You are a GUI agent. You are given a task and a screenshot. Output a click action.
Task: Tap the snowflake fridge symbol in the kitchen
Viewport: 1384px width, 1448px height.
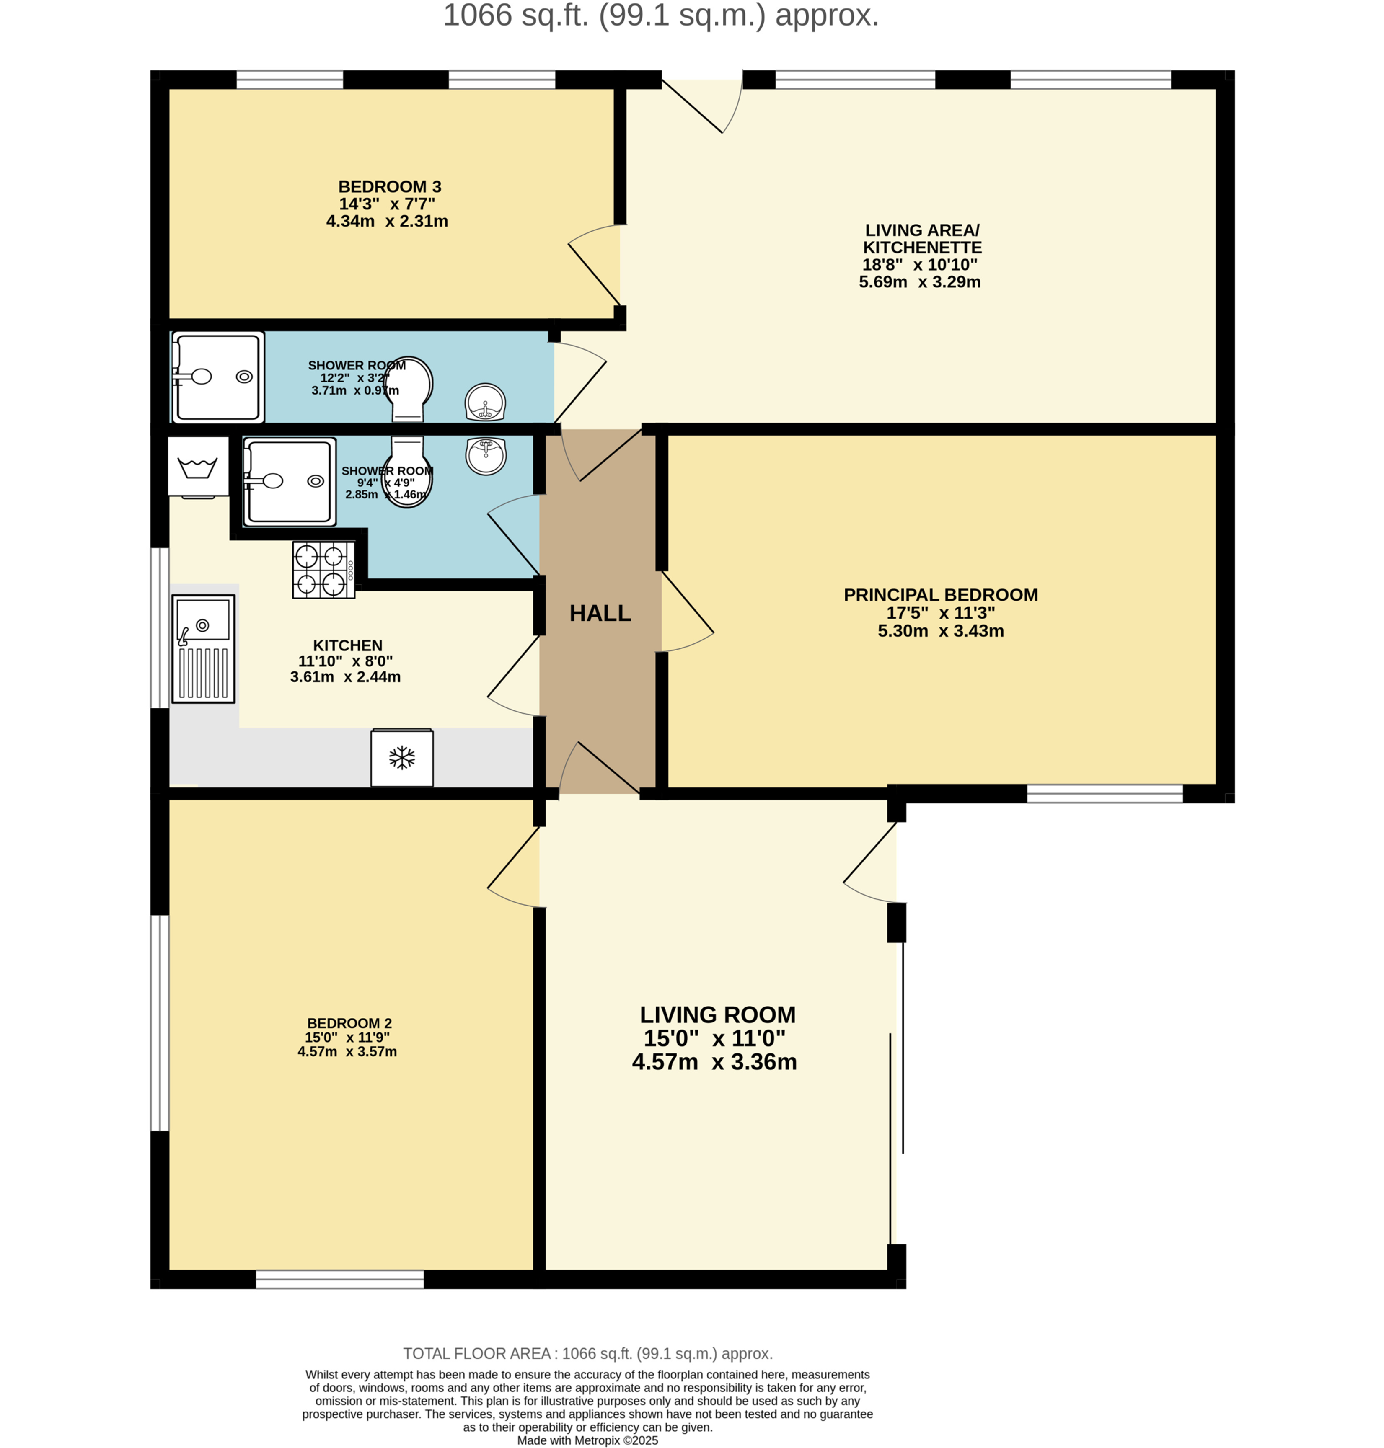402,758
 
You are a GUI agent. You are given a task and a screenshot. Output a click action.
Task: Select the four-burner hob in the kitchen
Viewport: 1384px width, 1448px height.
323,570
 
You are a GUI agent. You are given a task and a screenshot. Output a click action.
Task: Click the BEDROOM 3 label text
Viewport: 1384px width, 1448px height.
390,187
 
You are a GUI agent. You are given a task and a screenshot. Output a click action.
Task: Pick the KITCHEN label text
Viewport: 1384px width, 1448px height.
347,645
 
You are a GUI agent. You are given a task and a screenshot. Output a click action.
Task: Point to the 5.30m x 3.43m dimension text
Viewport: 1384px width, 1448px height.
941,631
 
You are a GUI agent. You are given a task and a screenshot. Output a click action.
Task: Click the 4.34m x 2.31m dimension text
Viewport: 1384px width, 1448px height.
387,221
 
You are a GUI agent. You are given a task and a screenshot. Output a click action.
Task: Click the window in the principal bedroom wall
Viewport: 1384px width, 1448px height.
1105,794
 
